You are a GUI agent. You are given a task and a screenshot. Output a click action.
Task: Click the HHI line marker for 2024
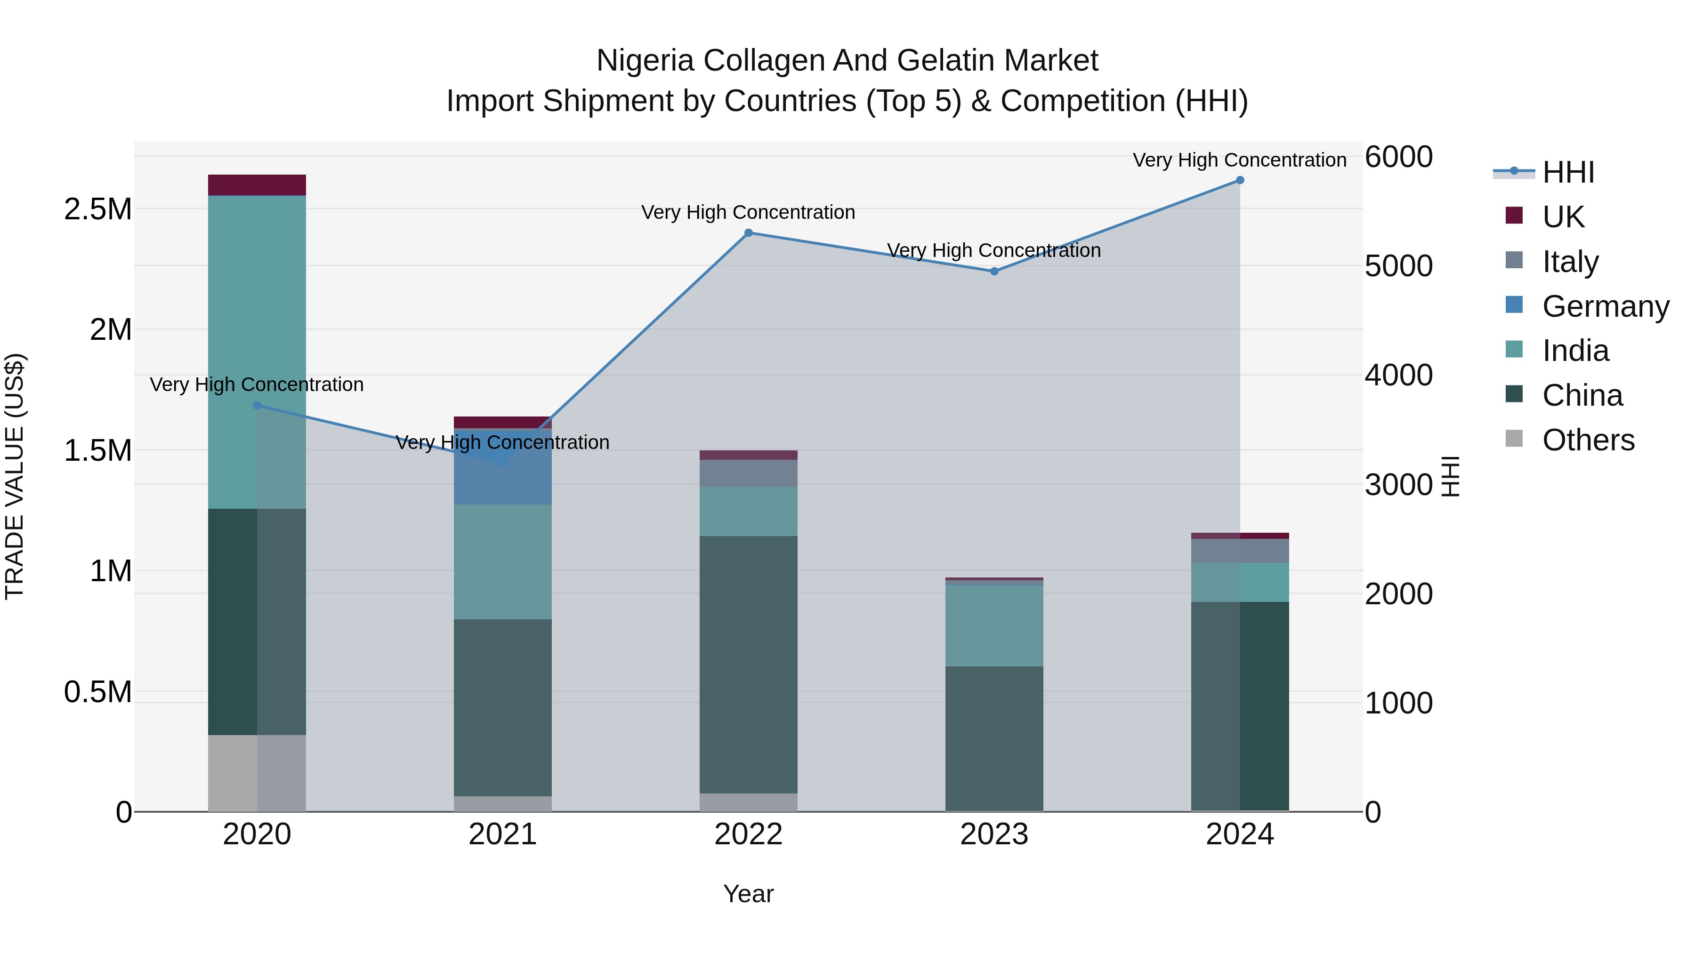(1240, 180)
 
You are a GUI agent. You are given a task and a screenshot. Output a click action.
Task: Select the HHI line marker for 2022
(748, 233)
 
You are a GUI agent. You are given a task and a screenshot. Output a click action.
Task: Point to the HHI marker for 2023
(994, 271)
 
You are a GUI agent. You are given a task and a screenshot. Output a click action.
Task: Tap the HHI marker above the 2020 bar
(257, 406)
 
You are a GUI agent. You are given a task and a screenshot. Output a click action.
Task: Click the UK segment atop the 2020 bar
(257, 185)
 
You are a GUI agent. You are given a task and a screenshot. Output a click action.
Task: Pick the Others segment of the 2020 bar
(257, 773)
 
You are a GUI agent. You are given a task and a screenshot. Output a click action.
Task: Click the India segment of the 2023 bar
(994, 625)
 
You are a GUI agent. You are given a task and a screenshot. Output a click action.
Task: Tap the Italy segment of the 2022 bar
(748, 473)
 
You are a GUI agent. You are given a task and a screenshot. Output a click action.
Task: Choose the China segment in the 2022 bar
(748, 664)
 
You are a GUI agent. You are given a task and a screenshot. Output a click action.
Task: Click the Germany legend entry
(1606, 306)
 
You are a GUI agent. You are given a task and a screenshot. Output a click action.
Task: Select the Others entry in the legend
(1588, 440)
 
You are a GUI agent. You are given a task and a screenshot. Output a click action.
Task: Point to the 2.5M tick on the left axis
(97, 209)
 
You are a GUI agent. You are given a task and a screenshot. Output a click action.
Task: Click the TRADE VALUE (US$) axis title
(15, 476)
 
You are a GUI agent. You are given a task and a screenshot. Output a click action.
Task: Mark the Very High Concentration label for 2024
(1239, 160)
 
